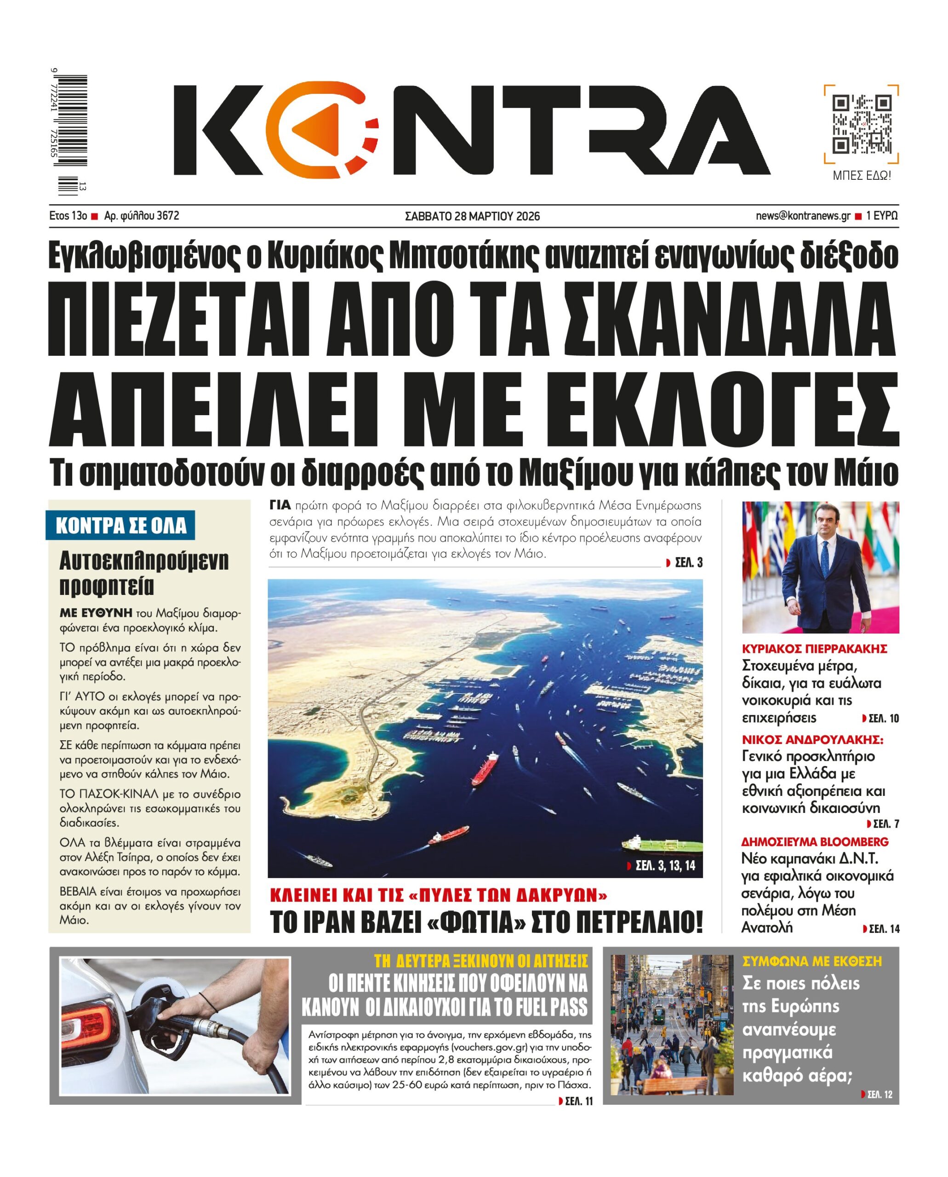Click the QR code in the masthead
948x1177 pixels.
click(861, 125)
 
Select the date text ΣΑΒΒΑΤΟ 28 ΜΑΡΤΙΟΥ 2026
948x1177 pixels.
click(472, 216)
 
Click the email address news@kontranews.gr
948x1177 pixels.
click(803, 216)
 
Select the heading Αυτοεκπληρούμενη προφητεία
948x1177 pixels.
click(143, 573)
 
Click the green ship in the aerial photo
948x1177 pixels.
click(663, 846)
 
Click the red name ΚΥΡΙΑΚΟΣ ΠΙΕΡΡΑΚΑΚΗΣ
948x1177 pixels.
click(814, 649)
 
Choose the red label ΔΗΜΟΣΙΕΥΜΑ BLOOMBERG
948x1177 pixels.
click(815, 842)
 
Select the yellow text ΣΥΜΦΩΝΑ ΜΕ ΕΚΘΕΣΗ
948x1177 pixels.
click(812, 961)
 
